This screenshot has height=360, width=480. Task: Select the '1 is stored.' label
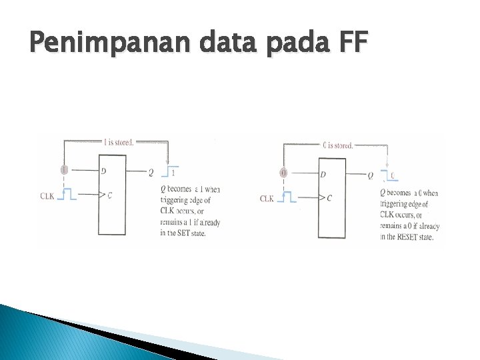[x=119, y=141]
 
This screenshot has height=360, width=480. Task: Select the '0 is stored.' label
[x=337, y=145]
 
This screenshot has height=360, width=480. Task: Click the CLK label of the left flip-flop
[x=47, y=195]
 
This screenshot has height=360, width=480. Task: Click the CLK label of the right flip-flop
[x=267, y=199]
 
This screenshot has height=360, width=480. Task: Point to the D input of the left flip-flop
[x=103, y=171]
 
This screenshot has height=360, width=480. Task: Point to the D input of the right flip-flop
[x=323, y=175]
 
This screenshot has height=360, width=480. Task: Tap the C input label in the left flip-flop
[x=109, y=195]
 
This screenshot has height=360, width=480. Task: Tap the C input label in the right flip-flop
[x=329, y=199]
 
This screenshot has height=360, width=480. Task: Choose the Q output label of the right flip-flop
[x=371, y=176]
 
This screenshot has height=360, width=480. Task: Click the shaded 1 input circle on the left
[x=64, y=170]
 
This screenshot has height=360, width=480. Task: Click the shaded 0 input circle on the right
[x=283, y=173]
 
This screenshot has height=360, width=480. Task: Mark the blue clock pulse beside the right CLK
[x=287, y=198]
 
